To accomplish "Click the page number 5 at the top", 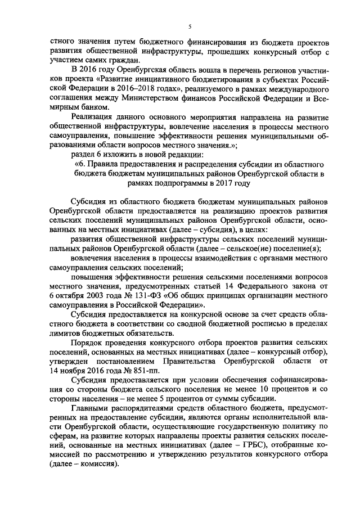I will (x=190, y=26).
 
